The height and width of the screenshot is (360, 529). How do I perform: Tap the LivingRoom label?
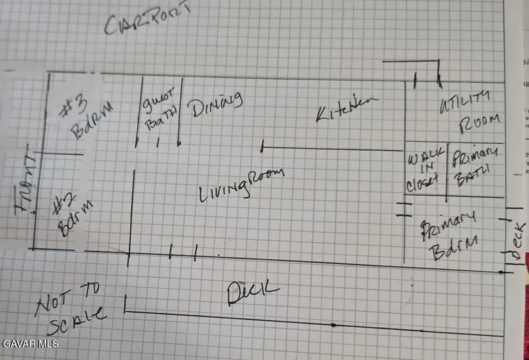(x=240, y=184)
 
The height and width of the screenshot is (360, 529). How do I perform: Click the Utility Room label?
(x=468, y=110)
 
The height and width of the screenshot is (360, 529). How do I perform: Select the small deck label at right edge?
(x=517, y=243)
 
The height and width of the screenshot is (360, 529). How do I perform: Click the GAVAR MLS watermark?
(x=31, y=344)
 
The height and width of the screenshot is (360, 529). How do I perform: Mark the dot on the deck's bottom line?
(x=333, y=325)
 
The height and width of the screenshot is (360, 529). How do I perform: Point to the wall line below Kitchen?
(x=333, y=150)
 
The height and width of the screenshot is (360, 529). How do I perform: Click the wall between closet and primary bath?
(x=447, y=170)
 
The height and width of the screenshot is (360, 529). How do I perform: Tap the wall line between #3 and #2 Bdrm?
(x=60, y=154)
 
